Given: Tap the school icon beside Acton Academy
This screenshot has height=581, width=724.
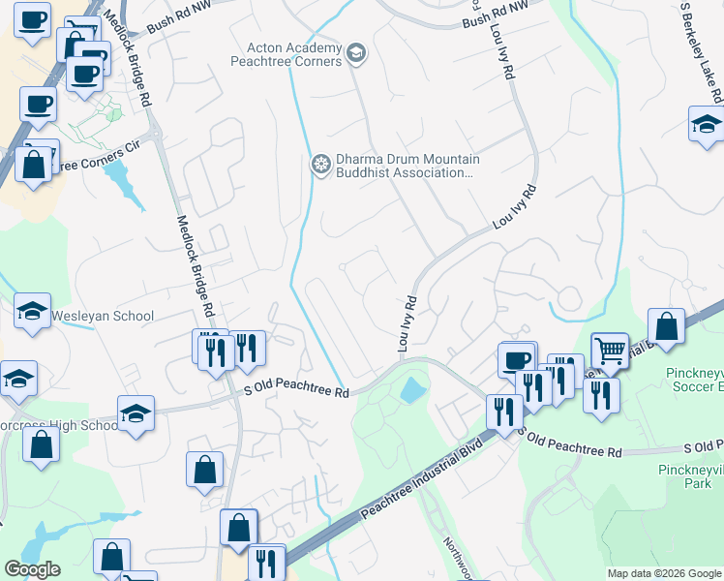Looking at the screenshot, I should [x=356, y=52].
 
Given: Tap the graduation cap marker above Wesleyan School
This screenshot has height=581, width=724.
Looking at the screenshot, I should [x=33, y=312].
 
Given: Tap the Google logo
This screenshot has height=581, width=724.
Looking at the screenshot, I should [x=32, y=569].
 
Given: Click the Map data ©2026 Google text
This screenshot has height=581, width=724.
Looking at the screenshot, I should [x=663, y=573].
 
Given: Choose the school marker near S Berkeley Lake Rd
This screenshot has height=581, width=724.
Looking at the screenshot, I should [x=707, y=125].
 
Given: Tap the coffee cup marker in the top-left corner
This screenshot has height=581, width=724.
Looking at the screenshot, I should [x=33, y=20].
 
